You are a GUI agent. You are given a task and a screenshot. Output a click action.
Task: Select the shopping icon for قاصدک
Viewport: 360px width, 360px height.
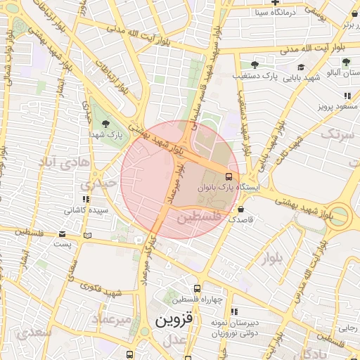click(241, 209)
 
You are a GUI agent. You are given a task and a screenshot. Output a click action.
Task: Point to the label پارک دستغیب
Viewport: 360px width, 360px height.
click(251, 74)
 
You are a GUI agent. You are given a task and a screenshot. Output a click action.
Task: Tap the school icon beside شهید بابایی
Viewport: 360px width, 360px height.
click(301, 67)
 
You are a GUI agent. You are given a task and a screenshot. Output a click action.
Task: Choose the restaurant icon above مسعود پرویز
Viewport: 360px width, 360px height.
click(347, 96)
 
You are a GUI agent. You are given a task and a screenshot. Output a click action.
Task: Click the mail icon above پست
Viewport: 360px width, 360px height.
click(63, 233)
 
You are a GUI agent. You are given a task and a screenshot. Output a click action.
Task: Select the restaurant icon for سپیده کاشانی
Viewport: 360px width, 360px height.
click(86, 200)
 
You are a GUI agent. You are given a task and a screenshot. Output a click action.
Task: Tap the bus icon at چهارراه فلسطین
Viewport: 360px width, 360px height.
click(198, 288)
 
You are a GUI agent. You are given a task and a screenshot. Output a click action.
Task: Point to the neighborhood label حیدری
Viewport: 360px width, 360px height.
click(94, 185)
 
